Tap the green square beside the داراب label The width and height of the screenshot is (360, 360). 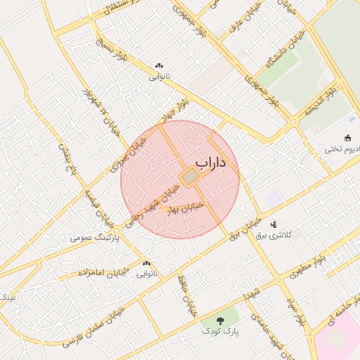(190, 178)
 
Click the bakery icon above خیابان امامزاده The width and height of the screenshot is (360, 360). (146, 262)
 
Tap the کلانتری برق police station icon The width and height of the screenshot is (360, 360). (273, 224)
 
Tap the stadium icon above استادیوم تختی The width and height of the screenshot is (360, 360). (347, 138)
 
